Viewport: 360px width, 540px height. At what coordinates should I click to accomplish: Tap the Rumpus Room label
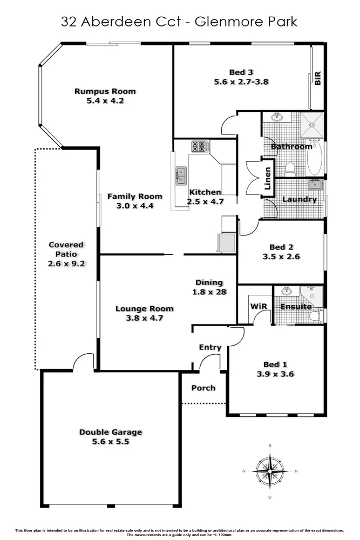click(x=105, y=91)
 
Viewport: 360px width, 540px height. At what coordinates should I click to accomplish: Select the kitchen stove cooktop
click(x=200, y=146)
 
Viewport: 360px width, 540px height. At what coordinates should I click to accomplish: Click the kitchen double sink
click(x=180, y=175)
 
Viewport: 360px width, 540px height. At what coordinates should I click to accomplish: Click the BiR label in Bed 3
click(x=318, y=79)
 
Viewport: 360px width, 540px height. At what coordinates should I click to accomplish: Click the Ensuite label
click(x=295, y=307)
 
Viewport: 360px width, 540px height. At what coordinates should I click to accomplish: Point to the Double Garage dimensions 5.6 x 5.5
click(x=110, y=441)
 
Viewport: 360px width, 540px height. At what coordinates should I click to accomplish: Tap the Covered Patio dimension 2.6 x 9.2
click(x=66, y=264)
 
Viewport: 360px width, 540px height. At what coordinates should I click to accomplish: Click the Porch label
click(x=203, y=388)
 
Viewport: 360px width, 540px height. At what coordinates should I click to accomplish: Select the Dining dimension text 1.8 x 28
click(x=208, y=292)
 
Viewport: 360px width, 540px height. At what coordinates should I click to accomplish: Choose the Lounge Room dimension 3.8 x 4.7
click(x=145, y=318)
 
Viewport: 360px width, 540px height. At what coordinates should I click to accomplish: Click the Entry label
click(x=210, y=347)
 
